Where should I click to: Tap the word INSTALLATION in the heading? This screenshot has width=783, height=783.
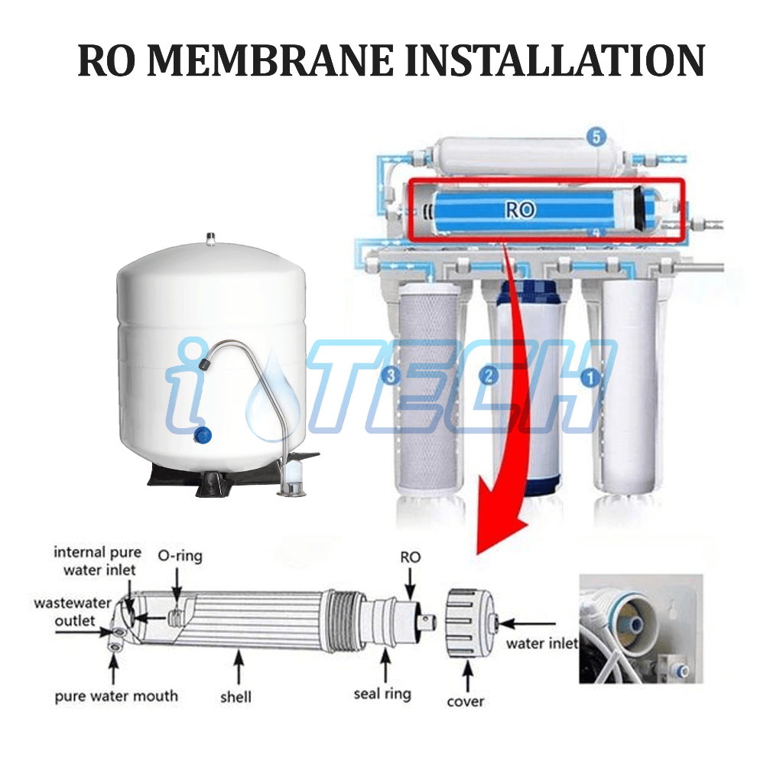click(554, 60)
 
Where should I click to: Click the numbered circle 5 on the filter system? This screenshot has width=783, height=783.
click(596, 138)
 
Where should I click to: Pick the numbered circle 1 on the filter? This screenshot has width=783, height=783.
click(588, 377)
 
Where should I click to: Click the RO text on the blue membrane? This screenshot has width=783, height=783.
click(520, 210)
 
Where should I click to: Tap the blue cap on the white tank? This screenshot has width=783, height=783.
click(203, 435)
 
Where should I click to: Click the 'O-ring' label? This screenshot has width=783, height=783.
click(180, 556)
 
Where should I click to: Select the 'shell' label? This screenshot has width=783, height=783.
click(236, 696)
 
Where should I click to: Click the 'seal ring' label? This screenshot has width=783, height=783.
click(382, 694)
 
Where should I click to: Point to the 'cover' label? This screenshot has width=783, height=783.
click(466, 700)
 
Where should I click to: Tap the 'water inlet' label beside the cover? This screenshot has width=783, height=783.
click(541, 644)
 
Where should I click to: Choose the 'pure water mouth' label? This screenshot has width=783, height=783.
click(116, 696)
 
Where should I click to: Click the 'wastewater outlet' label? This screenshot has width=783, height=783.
click(64, 612)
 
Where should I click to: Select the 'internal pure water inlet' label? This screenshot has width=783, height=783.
click(98, 560)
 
